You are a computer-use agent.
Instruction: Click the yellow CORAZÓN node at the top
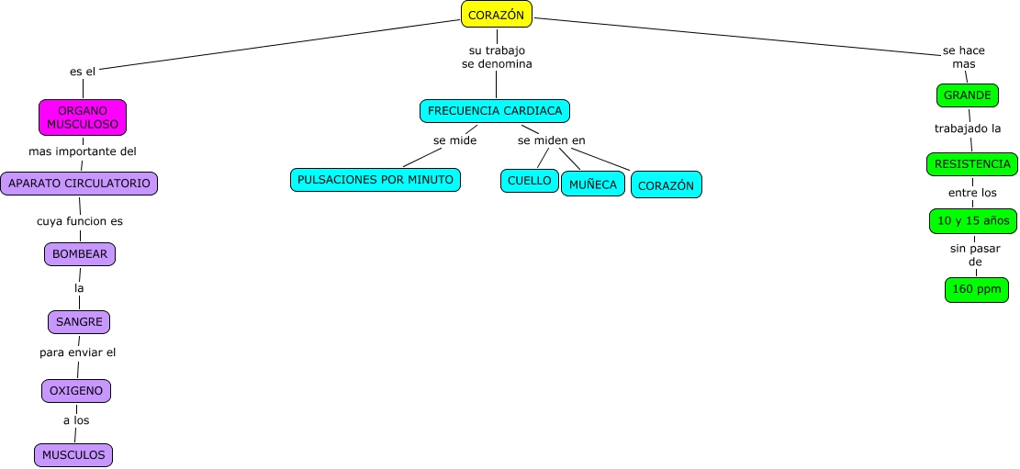(496, 14)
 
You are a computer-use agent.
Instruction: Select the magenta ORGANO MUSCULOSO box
(83, 117)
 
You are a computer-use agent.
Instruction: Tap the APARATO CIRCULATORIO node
(79, 184)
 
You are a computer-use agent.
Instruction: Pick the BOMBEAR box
(80, 254)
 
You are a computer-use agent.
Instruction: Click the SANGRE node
(79, 322)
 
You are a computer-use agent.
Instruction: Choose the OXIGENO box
(76, 391)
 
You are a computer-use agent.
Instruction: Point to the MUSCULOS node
(73, 454)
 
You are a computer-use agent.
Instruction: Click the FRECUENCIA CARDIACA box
(495, 111)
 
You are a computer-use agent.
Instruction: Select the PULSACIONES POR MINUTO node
(375, 180)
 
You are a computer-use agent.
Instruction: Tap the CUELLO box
(530, 181)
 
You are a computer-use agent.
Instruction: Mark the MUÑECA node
(593, 184)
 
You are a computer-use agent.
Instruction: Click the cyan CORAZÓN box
(667, 185)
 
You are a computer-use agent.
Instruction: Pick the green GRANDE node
(968, 95)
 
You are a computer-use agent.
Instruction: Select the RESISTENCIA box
(972, 164)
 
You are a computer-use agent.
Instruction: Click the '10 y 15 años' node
(973, 221)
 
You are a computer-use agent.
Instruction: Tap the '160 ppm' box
(977, 289)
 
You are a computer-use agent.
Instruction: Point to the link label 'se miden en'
(551, 140)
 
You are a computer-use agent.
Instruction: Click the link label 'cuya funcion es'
(80, 221)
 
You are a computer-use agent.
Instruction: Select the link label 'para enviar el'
(77, 352)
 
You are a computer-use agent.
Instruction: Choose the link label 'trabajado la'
(968, 128)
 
